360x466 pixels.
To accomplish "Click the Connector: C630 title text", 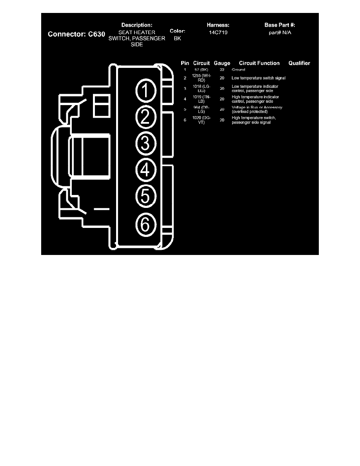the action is click(x=76, y=34).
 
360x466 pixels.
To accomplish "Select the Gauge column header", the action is click(x=222, y=63).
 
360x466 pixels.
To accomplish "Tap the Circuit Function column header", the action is click(x=259, y=63).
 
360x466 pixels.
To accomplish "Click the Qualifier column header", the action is click(x=299, y=63).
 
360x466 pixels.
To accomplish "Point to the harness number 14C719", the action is click(x=218, y=33).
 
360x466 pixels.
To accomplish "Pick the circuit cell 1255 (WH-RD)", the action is click(x=202, y=78).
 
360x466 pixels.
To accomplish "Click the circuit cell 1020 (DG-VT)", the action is click(x=202, y=120).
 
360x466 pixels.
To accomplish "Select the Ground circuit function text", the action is click(x=238, y=70).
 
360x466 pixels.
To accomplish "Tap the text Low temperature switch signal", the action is click(x=258, y=78).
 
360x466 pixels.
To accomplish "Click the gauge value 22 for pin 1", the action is click(x=222, y=70).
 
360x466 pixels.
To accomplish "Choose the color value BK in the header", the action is click(x=177, y=39).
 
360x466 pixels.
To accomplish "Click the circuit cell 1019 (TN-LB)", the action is click(x=202, y=99).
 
